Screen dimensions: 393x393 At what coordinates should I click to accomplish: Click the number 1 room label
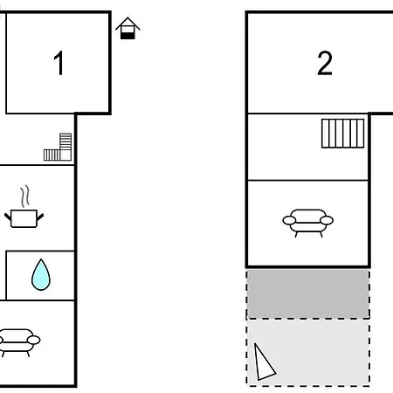point(59,63)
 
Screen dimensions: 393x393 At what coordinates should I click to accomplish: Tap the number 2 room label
point(325,63)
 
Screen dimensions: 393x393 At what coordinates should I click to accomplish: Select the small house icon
point(128,28)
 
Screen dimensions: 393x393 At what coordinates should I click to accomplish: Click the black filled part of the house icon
point(128,36)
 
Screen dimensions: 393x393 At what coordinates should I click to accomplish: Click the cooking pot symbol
point(24,218)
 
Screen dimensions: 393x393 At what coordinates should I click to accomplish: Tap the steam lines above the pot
point(25,196)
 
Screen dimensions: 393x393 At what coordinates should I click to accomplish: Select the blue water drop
point(41,275)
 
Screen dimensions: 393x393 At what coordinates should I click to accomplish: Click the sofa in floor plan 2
point(308,223)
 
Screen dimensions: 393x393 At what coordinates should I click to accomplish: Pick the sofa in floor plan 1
point(18,342)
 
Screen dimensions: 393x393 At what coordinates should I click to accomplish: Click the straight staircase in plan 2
point(343,134)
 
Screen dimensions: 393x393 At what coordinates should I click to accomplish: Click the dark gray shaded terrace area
point(308,294)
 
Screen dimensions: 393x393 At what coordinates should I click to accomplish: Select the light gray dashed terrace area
point(308,353)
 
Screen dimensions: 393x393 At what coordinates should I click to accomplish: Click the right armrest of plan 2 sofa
point(327,220)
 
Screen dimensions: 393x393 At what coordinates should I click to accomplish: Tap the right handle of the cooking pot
point(40,217)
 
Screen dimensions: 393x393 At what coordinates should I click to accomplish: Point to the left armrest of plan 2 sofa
point(289,220)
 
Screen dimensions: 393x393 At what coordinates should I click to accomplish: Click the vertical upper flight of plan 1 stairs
point(65,141)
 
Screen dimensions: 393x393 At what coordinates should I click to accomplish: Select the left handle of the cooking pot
point(8,217)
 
